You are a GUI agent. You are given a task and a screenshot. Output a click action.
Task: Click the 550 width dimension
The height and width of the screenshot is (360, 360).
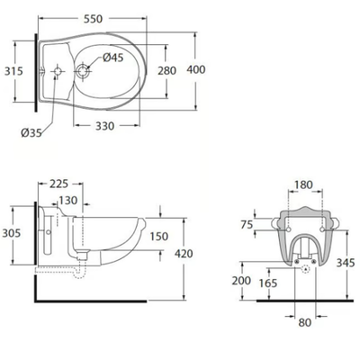(x=93, y=19)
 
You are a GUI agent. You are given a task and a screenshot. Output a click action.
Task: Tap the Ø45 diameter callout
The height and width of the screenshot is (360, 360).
(x=113, y=58)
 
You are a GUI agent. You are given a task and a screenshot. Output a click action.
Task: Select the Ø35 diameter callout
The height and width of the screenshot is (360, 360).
(x=31, y=132)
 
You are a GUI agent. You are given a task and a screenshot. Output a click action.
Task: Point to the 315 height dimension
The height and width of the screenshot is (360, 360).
(x=13, y=71)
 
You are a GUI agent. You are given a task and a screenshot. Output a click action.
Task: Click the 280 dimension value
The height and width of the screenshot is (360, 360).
(x=167, y=71)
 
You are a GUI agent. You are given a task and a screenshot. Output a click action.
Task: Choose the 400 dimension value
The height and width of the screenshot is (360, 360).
(x=196, y=69)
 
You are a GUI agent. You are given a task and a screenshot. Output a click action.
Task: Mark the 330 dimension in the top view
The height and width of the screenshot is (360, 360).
(x=105, y=126)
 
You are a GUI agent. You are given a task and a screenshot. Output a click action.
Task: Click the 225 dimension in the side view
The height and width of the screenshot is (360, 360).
(x=59, y=184)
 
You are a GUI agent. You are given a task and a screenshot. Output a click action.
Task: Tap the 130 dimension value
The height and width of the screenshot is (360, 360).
(x=68, y=200)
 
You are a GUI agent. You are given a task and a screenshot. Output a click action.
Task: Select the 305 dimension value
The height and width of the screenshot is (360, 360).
(x=12, y=233)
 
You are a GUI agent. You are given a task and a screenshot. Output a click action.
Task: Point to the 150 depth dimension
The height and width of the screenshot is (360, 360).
(x=159, y=237)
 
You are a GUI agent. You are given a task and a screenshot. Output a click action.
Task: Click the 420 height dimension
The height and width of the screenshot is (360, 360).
(x=184, y=254)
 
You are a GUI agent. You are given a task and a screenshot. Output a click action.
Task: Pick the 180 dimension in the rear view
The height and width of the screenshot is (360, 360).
(x=303, y=184)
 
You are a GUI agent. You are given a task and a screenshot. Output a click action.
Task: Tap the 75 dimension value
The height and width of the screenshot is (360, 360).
(x=247, y=224)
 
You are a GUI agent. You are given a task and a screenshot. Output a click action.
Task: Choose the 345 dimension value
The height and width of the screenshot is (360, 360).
(x=346, y=263)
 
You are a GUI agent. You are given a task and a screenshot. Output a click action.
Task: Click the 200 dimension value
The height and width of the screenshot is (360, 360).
(x=241, y=281)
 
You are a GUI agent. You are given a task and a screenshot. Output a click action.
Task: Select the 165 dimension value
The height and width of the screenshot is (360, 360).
(x=268, y=283)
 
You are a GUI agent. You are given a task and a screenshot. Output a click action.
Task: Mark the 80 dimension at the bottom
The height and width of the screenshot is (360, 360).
(x=305, y=323)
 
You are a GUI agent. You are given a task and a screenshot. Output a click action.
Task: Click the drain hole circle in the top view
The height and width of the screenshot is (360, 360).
(x=82, y=71)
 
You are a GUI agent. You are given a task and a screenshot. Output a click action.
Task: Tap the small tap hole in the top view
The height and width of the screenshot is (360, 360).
(x=58, y=71)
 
